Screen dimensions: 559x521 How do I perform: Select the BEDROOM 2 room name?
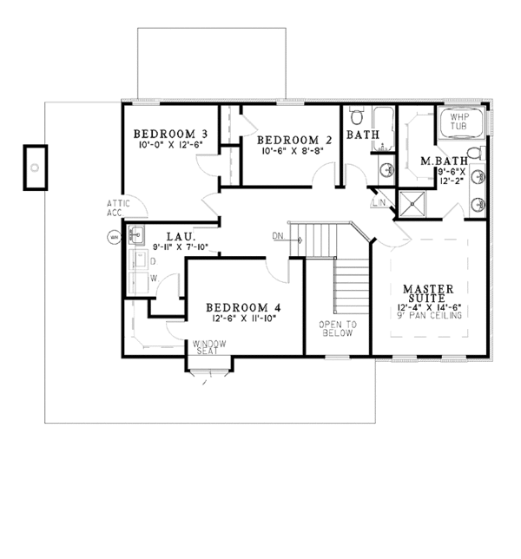click(x=295, y=140)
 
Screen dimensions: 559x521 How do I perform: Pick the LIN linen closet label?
click(x=379, y=202)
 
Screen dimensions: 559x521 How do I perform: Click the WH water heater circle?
click(x=112, y=236)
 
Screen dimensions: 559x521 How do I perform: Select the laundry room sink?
click(x=135, y=234)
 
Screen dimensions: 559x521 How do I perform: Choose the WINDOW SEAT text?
click(x=209, y=347)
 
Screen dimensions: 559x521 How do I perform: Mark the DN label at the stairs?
click(x=278, y=235)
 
